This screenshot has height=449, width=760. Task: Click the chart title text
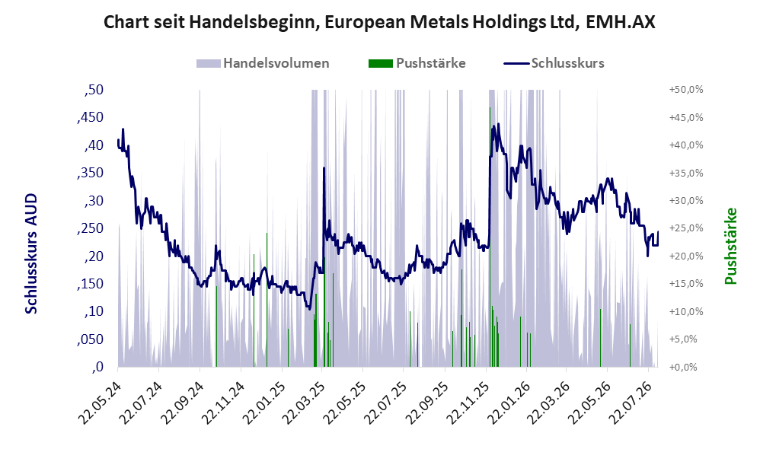click(379, 22)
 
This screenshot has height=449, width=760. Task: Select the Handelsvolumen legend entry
click(263, 63)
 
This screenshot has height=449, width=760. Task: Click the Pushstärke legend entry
click(417, 63)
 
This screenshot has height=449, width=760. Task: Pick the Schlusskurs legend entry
click(554, 63)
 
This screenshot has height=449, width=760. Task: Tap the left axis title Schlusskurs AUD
click(31, 253)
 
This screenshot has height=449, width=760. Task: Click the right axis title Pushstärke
click(730, 246)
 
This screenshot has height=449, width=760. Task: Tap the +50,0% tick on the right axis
click(686, 90)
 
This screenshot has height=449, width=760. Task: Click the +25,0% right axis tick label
click(686, 228)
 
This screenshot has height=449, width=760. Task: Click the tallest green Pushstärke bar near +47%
click(490, 237)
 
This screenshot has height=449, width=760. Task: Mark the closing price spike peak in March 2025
click(324, 168)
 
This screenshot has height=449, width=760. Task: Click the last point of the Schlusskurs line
click(658, 231)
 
